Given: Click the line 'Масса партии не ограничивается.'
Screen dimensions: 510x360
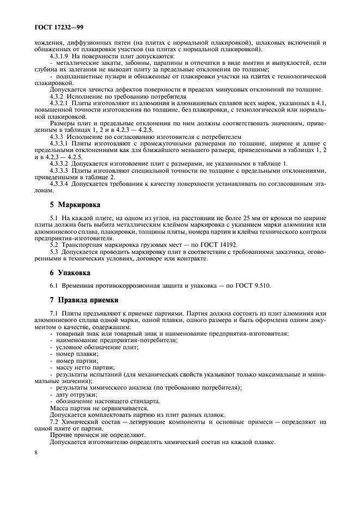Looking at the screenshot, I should [98, 408].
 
